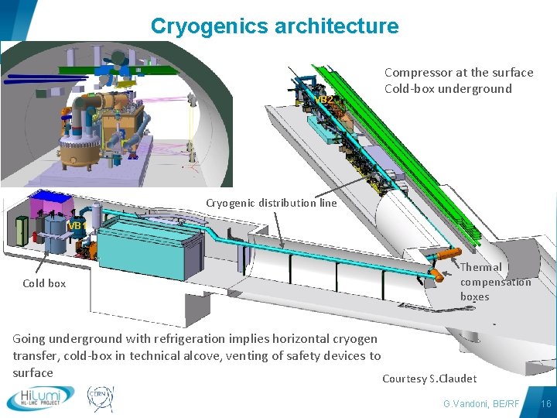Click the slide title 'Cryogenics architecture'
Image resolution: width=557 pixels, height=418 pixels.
(275, 26)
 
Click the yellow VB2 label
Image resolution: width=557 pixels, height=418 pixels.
(324, 100)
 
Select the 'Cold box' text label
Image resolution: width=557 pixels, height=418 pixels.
(44, 283)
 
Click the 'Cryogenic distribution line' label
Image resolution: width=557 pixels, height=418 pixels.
(271, 203)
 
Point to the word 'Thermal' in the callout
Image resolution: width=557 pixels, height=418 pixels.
(481, 267)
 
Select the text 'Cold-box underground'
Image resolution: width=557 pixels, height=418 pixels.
(448, 88)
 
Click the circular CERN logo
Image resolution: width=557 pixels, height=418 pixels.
(100, 397)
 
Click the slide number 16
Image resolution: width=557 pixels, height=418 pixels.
(545, 404)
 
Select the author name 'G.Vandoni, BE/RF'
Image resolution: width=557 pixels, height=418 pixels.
(481, 404)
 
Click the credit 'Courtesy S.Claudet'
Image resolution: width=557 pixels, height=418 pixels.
(429, 379)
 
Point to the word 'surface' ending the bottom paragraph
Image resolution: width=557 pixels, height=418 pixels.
(32, 372)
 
